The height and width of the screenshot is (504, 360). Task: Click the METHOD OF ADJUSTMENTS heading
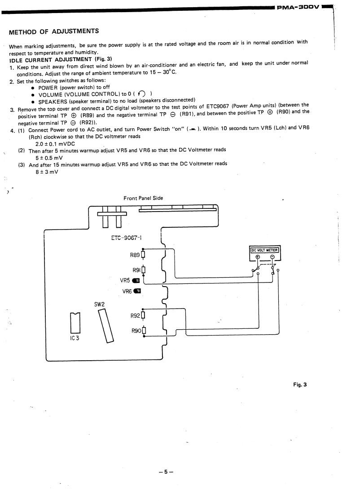pos(54,31)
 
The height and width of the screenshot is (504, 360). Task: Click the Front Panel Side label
pos(143,198)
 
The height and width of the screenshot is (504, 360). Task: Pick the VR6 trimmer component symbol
pos(138,291)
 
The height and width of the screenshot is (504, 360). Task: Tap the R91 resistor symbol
pos(143,270)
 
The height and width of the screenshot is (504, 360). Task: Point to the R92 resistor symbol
pos(143,315)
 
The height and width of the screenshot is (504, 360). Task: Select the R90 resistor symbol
pos(143,332)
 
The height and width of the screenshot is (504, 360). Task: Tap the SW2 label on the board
pos(99,304)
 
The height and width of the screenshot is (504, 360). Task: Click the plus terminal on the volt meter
pos(258,257)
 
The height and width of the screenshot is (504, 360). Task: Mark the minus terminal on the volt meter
pos(272,257)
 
